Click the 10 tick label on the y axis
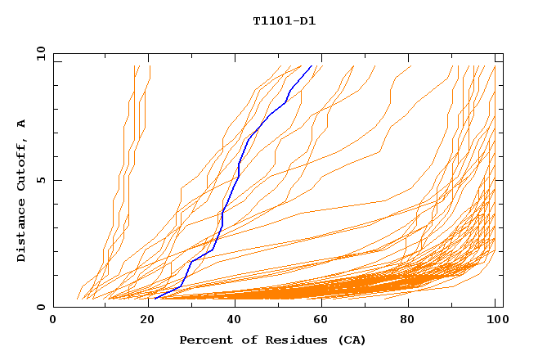click(40, 53)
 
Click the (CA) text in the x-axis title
click(351, 340)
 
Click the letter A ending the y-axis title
click(21, 123)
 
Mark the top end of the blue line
click(312, 66)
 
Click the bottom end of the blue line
click(155, 299)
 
